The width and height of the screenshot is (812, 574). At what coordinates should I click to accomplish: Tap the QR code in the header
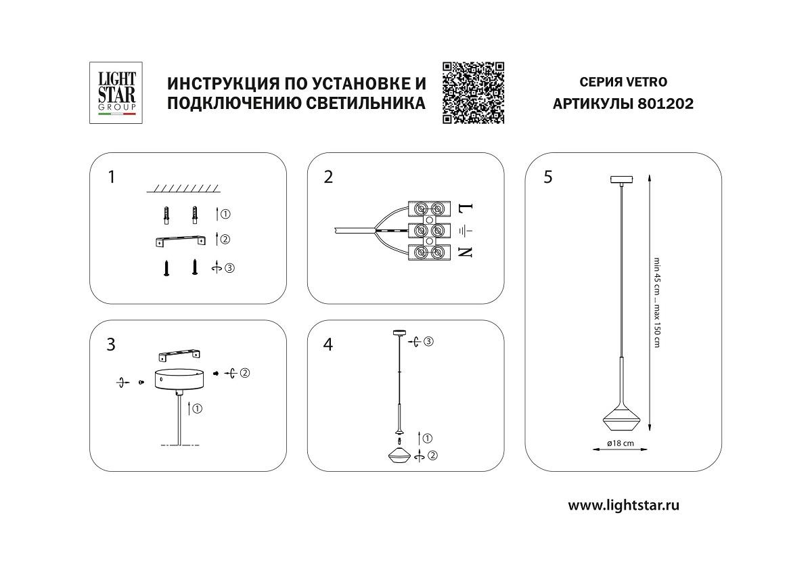pos(473,93)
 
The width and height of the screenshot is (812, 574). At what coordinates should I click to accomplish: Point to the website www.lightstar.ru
pos(623,505)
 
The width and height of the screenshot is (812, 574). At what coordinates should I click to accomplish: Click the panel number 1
pos(111,177)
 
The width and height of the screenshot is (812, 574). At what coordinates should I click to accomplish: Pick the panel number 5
pos(547,177)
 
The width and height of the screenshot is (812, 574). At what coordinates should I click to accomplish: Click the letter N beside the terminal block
pos(465,252)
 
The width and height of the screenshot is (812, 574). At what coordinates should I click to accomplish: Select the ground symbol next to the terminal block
pos(465,230)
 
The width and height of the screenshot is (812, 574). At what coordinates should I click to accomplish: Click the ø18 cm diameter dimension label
pos(619,443)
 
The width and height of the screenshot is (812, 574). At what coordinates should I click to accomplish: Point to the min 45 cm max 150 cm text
pos(655,302)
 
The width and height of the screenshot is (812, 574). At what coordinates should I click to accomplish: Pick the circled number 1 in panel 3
pos(198,408)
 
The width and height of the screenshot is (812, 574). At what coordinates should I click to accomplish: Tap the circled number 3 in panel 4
pos(429,341)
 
